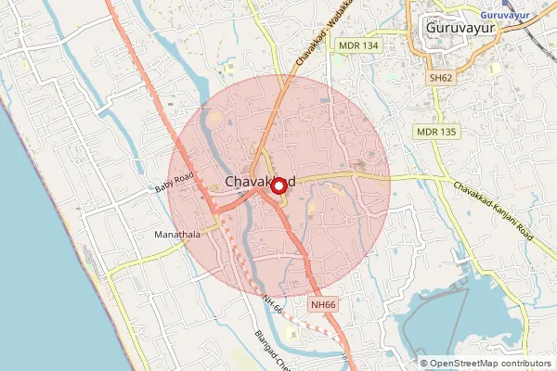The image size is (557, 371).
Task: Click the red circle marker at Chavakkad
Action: click(278, 185)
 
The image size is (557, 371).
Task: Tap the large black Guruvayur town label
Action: click(459, 28)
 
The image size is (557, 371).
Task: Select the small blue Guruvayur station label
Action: click(510, 15)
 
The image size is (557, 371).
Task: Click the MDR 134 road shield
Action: click(358, 45)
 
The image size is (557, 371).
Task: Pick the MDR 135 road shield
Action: click(436, 133)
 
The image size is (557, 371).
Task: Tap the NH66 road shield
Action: click(323, 303)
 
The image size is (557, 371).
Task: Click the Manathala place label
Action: click(177, 236)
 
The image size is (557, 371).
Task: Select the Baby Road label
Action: click(174, 182)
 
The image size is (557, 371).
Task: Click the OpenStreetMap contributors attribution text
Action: click(490, 364)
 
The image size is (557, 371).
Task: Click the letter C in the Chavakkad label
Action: click(230, 183)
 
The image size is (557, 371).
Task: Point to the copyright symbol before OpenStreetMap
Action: click(424, 364)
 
